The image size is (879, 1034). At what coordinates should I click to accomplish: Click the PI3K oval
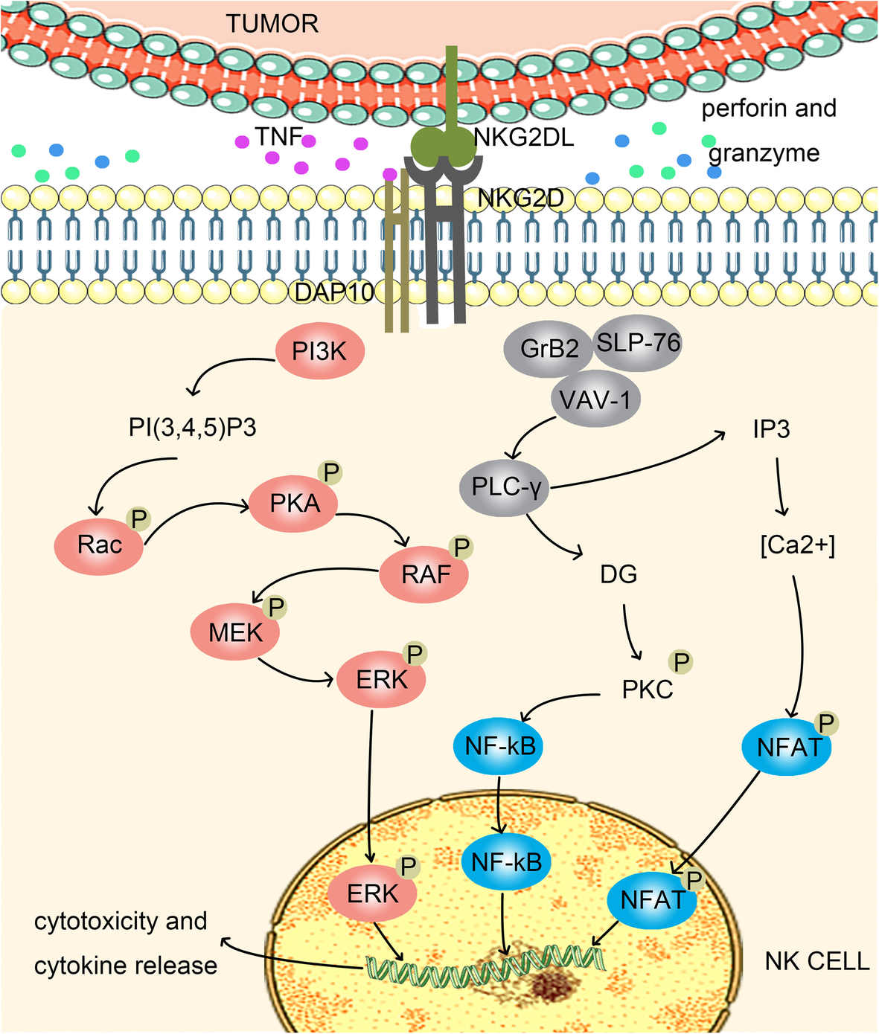point(320,351)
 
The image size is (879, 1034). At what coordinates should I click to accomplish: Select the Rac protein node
point(99,545)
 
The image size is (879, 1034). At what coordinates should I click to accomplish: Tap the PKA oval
point(294,504)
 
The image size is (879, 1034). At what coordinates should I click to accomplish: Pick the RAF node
point(425,574)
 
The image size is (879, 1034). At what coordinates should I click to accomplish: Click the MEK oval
point(235,633)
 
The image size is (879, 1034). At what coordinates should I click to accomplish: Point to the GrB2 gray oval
point(549,350)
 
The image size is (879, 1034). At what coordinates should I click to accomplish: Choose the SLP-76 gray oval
point(639,341)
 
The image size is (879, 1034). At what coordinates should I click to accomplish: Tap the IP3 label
point(770,430)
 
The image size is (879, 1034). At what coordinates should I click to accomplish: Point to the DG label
point(619,574)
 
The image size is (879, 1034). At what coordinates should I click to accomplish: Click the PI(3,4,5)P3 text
point(193,429)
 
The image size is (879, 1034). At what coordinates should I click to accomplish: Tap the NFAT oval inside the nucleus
point(652,900)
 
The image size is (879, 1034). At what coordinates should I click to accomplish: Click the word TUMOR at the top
point(272,24)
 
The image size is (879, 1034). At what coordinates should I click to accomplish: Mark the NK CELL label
point(816,961)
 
